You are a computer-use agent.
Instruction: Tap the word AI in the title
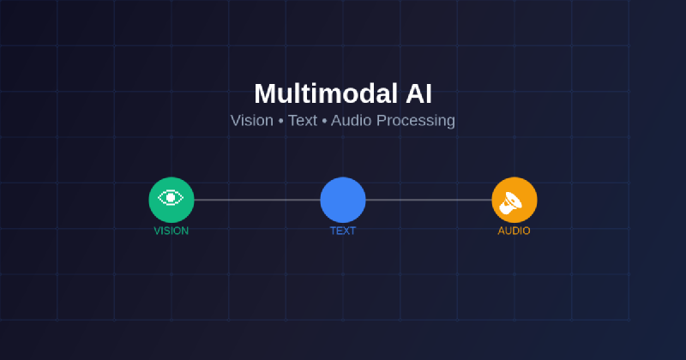[x=418, y=93]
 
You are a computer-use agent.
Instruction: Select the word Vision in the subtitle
[x=251, y=121]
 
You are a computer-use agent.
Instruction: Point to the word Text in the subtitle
[x=303, y=121]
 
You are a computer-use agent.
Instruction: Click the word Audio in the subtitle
[x=351, y=121]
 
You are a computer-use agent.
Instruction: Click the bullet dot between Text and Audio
[x=324, y=121]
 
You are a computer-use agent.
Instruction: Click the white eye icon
[x=171, y=198]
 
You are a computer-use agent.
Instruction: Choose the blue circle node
[x=343, y=200]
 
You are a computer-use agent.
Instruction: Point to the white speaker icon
[x=512, y=202]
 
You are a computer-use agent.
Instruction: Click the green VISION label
[x=171, y=231]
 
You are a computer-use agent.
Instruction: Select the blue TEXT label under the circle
[x=343, y=231]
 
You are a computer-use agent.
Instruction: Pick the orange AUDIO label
[x=514, y=231]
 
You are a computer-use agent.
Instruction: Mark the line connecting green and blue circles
[x=257, y=200]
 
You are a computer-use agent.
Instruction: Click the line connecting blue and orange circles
[x=429, y=200]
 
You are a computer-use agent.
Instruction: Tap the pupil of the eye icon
[x=171, y=198]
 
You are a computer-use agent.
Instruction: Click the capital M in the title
[x=265, y=93]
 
